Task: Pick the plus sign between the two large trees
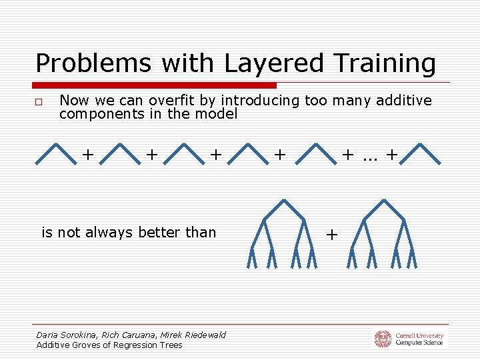(x=332, y=235)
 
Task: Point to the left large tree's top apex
(x=284, y=200)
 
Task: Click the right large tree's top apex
(x=384, y=200)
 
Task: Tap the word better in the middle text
(x=157, y=233)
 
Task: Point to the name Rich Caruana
(x=125, y=335)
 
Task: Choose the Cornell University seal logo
(x=383, y=339)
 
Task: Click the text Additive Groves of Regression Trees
(x=109, y=345)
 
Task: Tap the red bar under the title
(x=155, y=85)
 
